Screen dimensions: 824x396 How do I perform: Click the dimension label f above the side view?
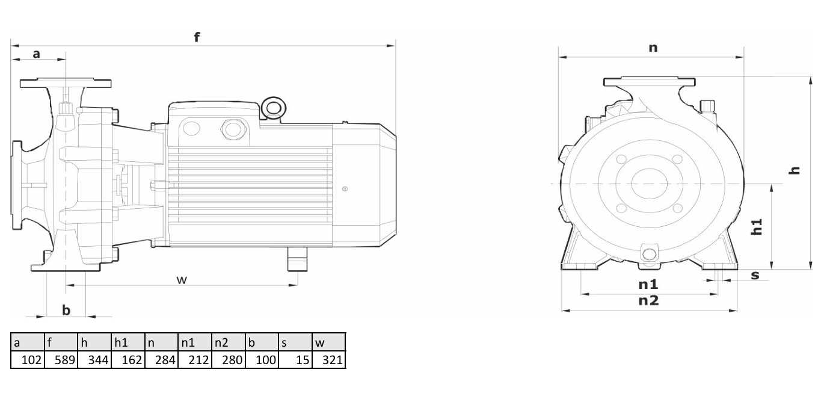coord(197,37)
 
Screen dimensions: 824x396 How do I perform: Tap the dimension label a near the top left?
coord(36,54)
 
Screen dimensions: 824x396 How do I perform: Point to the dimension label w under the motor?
coord(182,280)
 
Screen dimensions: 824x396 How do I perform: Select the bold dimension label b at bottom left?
coord(66,311)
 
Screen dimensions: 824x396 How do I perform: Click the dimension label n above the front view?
coord(653,48)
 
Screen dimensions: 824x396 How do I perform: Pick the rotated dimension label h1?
coord(756,227)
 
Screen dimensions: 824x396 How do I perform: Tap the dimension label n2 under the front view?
coord(648,301)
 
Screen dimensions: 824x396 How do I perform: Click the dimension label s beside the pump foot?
coord(755,275)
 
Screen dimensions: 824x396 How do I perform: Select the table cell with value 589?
coord(61,359)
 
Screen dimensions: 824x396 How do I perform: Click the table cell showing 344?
coord(94,359)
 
